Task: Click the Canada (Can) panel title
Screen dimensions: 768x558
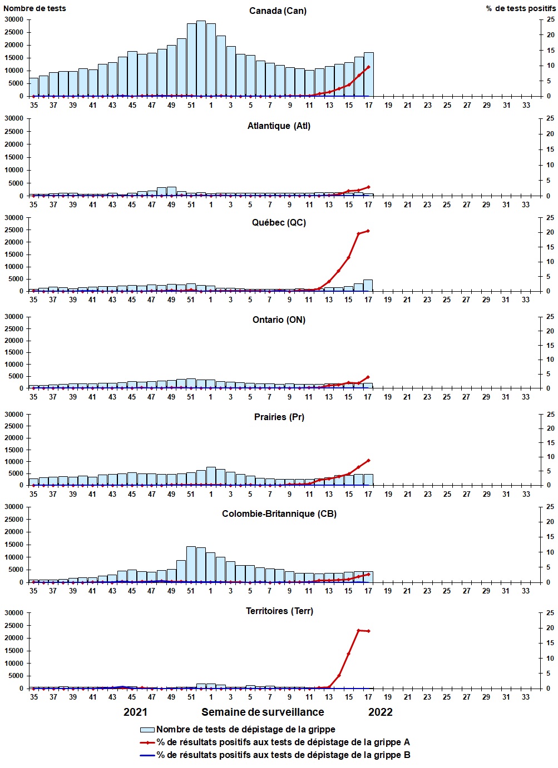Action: click(x=278, y=11)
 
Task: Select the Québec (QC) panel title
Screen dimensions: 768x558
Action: click(x=279, y=223)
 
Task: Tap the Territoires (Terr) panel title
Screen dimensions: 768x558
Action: click(x=279, y=611)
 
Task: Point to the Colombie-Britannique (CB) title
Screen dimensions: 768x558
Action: click(x=279, y=514)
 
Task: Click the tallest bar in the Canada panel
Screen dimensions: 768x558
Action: click(x=201, y=58)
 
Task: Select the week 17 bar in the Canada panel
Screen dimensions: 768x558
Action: click(x=368, y=74)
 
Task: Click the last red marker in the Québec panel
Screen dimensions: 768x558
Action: click(x=368, y=231)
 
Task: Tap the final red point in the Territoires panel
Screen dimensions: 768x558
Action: click(x=368, y=631)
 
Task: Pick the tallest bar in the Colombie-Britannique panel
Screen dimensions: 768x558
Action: click(x=191, y=564)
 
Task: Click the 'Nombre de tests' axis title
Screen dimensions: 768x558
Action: click(x=34, y=8)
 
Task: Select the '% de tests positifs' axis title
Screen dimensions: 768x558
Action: click(x=520, y=8)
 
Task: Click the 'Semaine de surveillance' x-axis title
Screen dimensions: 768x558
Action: click(x=263, y=712)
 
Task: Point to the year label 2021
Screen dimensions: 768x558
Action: click(x=135, y=712)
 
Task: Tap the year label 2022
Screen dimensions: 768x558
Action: click(x=381, y=712)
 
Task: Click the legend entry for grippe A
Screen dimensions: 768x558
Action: click(x=283, y=742)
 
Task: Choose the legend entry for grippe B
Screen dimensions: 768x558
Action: click(x=283, y=755)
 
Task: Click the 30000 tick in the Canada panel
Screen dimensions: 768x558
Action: click(x=14, y=19)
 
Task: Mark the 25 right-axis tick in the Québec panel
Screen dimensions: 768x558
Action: click(x=550, y=218)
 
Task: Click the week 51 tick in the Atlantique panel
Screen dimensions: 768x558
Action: click(x=191, y=205)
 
